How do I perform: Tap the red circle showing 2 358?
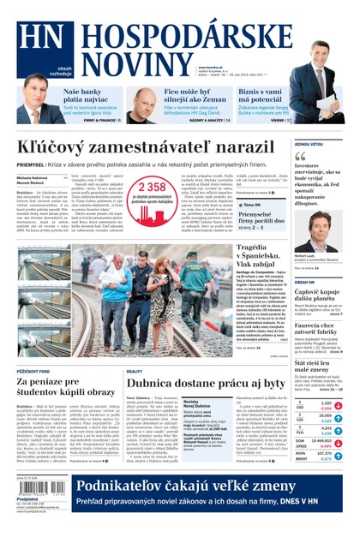click(151, 188)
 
